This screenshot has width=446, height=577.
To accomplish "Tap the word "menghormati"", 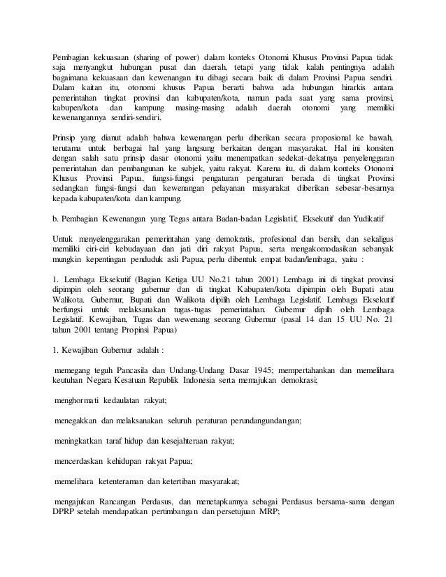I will [x=78, y=401].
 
